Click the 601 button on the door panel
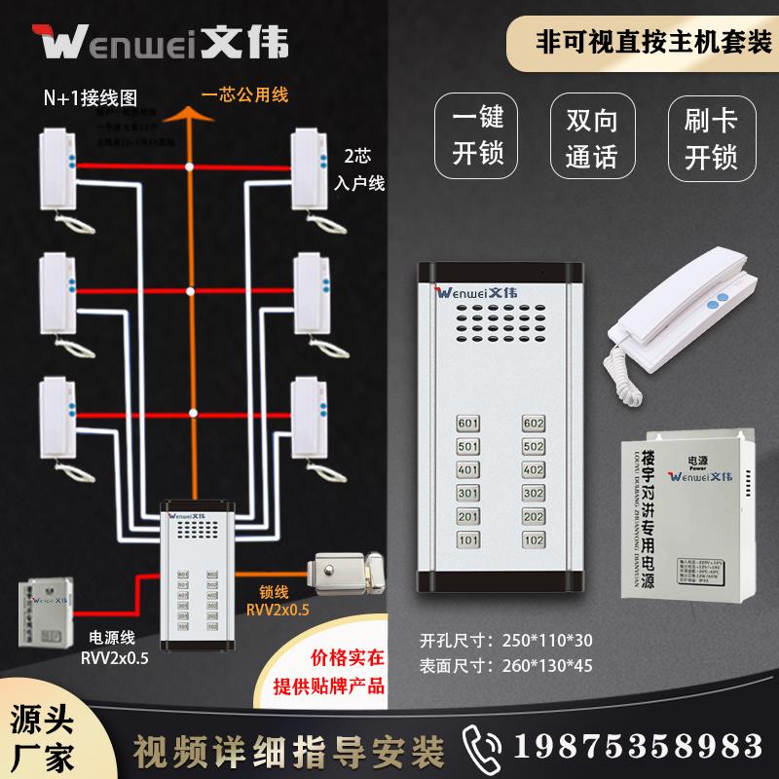click(x=467, y=424)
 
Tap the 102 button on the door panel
click(x=534, y=538)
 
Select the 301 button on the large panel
click(x=467, y=493)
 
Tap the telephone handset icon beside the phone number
click(x=483, y=744)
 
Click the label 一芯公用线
click(x=244, y=96)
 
